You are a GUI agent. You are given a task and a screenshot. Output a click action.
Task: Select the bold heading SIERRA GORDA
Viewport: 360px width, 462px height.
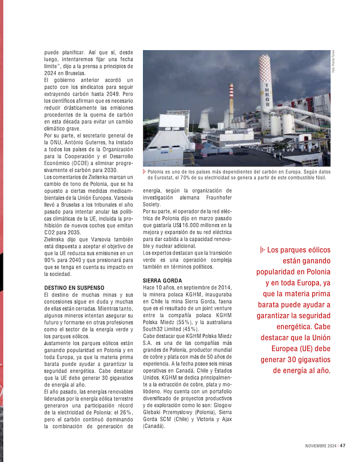162,281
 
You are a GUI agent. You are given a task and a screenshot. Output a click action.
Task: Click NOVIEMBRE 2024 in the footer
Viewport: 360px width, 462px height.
321,445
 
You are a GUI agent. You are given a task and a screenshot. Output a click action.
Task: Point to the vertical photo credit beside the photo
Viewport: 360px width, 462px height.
334,63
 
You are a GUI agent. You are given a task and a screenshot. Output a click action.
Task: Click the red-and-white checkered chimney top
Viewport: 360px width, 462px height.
266,67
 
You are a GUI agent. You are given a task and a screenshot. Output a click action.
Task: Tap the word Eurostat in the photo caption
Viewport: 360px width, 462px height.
166,178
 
